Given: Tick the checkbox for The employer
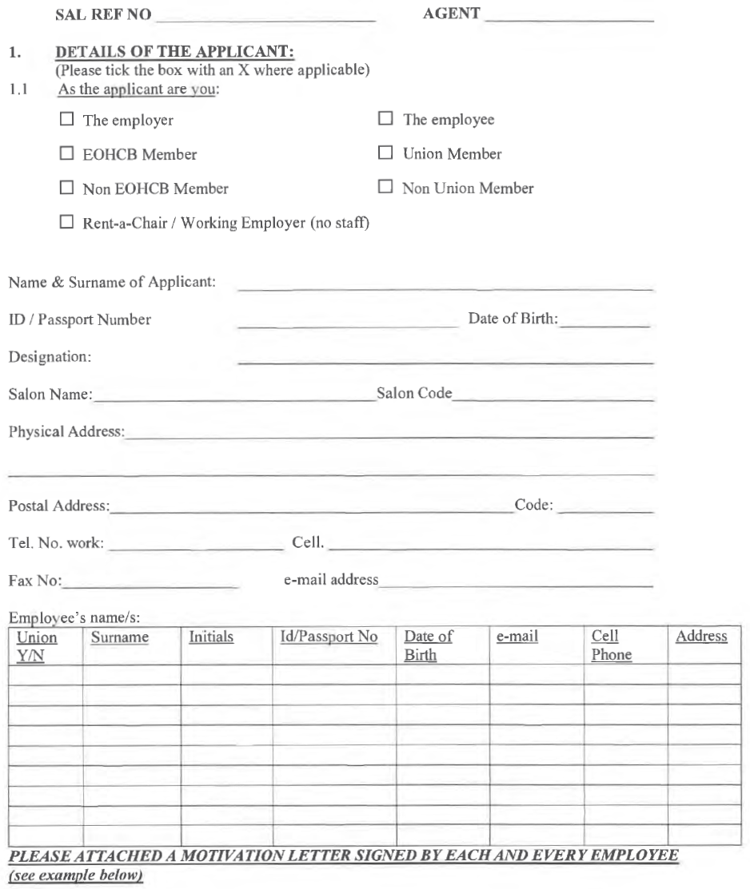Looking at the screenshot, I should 67,121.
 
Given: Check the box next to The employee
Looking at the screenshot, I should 385,121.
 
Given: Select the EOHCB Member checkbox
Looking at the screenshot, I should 67,154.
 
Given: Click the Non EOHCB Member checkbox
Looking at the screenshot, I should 67,189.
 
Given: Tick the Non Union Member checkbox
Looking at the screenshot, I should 385,189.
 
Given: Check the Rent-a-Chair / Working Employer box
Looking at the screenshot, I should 67,223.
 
